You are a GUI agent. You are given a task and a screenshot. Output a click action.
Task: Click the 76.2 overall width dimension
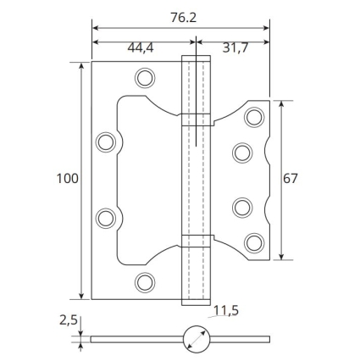183,18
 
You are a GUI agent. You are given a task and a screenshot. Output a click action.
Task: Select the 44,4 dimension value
141,47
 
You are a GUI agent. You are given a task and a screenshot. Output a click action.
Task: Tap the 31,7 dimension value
235,47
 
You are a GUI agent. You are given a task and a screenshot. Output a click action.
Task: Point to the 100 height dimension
68,179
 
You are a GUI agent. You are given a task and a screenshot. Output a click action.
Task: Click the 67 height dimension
291,179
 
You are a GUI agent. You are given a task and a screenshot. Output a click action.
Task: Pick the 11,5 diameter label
226,311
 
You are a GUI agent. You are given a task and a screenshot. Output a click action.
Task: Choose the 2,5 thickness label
69,320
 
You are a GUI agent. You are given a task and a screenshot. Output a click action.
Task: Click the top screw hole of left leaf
145,78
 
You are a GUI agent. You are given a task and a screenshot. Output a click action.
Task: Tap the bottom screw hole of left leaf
145,282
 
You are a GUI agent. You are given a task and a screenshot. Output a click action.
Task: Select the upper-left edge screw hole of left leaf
106,142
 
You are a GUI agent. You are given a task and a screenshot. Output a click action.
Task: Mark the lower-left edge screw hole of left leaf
106,218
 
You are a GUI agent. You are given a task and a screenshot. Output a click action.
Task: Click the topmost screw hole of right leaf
254,117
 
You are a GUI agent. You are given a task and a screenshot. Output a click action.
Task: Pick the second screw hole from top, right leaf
242,153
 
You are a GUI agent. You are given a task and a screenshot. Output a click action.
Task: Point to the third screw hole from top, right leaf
242,208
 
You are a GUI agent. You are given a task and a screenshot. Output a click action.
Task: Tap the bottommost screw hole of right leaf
254,243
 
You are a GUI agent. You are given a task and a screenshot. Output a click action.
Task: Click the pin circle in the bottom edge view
197,339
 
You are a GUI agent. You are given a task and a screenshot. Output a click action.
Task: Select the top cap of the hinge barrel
196,58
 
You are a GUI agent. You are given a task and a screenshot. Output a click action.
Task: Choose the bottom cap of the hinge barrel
196,303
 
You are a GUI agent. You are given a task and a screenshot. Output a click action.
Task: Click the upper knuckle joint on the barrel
196,119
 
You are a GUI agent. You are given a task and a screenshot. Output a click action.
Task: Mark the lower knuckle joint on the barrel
196,241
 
